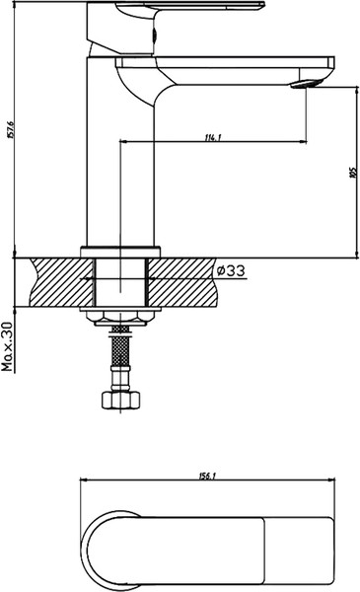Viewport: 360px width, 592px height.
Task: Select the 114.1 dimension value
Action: coord(211,136)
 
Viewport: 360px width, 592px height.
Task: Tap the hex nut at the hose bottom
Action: coord(120,401)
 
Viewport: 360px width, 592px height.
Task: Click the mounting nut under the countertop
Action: coord(120,315)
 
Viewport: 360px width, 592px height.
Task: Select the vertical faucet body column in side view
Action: coord(120,158)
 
